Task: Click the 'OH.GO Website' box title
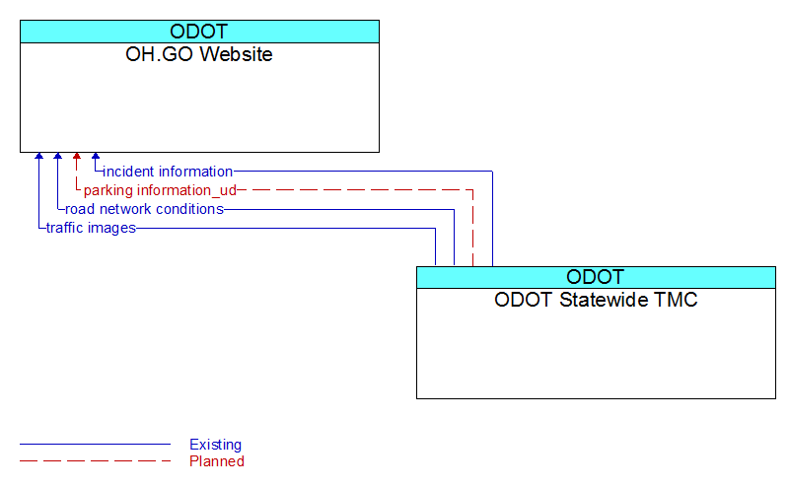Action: coord(199,54)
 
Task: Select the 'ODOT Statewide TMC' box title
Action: coord(596,300)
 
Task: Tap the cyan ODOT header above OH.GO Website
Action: coord(199,32)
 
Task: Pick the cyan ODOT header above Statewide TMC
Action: coord(596,277)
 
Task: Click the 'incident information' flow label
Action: coord(168,172)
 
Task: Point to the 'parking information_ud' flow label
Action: coord(160,190)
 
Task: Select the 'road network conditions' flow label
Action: coord(145,209)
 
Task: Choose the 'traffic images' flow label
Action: coord(91,228)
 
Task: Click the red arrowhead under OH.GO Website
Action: coord(77,156)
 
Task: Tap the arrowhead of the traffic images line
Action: coord(38,156)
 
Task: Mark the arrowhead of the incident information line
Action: coord(96,156)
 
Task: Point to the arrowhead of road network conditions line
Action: coord(58,156)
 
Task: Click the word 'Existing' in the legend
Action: coord(216,445)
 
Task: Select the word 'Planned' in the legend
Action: coord(217,461)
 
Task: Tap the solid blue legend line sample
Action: coord(96,445)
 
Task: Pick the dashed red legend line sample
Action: coord(96,460)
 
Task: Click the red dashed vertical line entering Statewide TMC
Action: coord(473,228)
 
